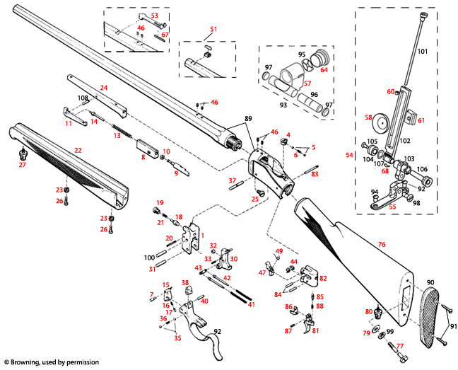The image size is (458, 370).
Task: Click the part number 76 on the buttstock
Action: point(381,244)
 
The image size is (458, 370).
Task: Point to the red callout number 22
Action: point(78,151)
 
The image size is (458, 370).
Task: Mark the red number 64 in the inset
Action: point(324,69)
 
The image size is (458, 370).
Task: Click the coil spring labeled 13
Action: point(124,132)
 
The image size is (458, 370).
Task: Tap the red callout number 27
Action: point(22,165)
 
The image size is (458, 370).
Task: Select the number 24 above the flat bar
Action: point(103,87)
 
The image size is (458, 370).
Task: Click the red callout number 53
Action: point(155,15)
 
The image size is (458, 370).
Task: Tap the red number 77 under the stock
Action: point(399,347)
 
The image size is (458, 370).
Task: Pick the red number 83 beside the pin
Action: point(315,173)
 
